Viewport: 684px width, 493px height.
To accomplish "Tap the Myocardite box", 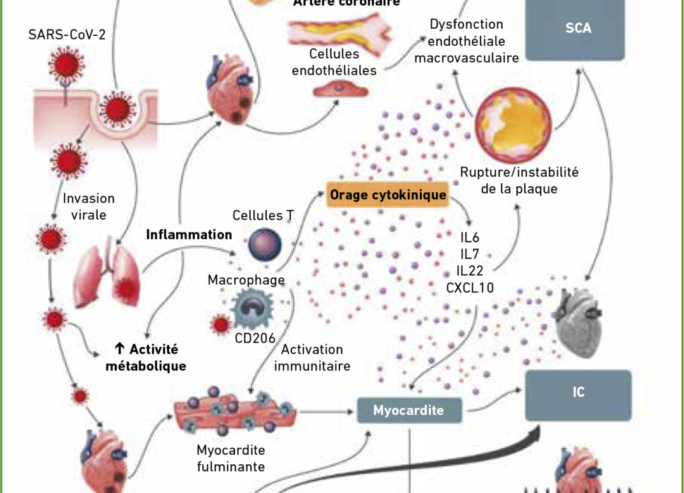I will pyautogui.click(x=408, y=410).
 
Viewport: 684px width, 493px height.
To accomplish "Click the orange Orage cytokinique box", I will pyautogui.click(x=388, y=194).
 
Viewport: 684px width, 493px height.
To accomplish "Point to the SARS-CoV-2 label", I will pyautogui.click(x=67, y=34).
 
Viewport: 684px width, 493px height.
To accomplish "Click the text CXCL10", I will pyautogui.click(x=470, y=288).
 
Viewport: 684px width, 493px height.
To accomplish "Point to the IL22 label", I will pyautogui.click(x=470, y=271).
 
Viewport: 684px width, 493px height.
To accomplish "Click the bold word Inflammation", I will pyautogui.click(x=189, y=234).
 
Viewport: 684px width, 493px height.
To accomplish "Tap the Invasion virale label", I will pyautogui.click(x=89, y=206).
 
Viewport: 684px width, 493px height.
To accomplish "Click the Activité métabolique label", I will pyautogui.click(x=146, y=358).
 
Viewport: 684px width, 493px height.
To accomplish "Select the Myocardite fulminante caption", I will pyautogui.click(x=230, y=458).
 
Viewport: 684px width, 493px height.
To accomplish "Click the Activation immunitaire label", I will pyautogui.click(x=312, y=358).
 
